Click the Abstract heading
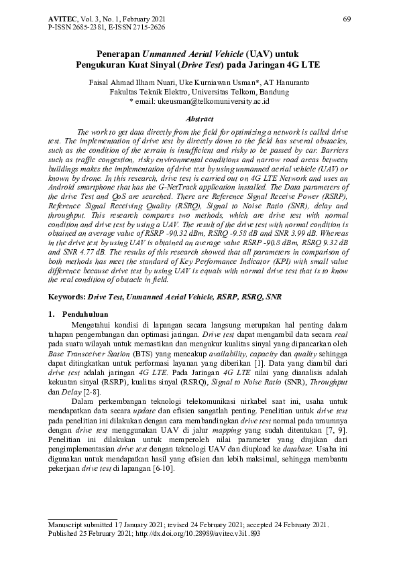198,117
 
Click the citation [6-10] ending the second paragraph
164,469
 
